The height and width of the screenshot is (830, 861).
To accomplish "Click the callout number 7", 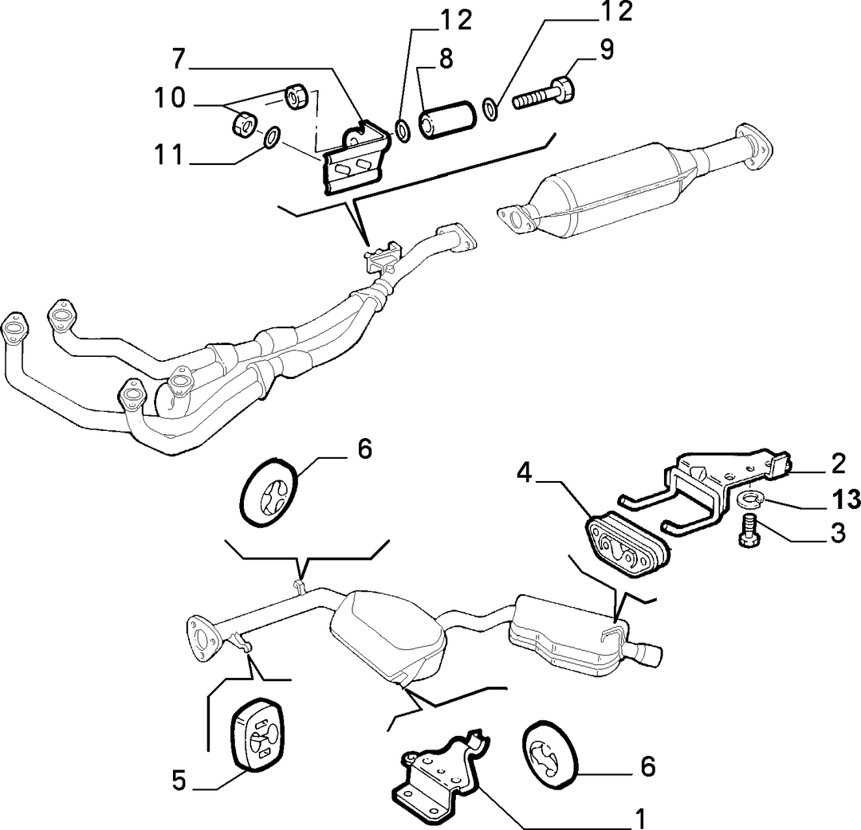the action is (179, 59).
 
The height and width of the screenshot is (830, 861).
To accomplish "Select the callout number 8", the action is (446, 59).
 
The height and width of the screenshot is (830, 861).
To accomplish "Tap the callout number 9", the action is (606, 49).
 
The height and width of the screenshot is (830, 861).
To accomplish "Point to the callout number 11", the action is (168, 155).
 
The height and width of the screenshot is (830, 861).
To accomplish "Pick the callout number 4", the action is (525, 473).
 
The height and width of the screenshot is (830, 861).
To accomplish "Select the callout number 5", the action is (179, 780).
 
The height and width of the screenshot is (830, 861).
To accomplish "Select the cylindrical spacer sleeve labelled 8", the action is (446, 119).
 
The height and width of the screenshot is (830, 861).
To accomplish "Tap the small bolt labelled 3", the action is (749, 530).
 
